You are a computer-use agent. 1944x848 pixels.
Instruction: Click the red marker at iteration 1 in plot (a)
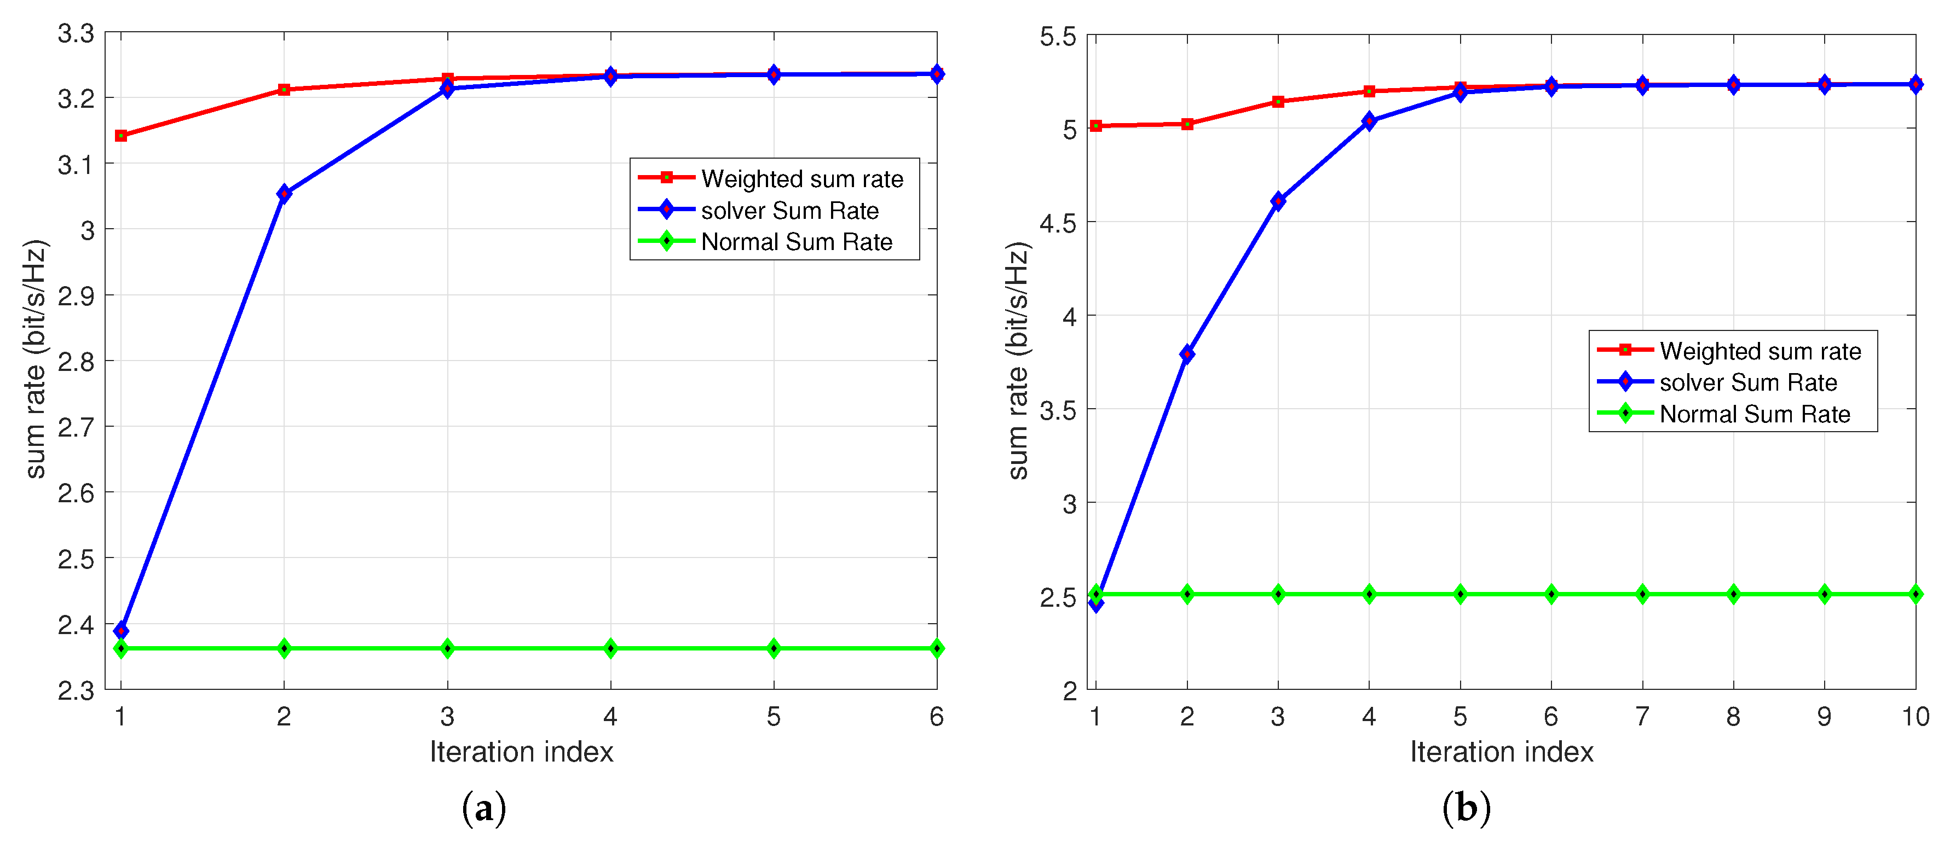point(121,136)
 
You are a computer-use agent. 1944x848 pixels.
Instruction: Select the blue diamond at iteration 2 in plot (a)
point(284,194)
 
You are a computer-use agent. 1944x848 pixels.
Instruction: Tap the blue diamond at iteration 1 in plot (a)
point(121,630)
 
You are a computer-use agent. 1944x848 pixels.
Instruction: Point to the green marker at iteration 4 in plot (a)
point(610,648)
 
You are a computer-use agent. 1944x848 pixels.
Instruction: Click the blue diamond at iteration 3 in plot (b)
point(1278,201)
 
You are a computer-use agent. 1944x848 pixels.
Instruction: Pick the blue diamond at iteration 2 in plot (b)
point(1187,354)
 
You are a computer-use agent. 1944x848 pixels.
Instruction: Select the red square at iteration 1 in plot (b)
point(1096,126)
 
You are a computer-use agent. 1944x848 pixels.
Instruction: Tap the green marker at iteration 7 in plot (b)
point(1642,594)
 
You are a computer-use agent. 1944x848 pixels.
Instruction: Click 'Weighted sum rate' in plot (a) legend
point(802,179)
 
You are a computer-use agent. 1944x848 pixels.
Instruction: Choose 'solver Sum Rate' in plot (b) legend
point(1748,382)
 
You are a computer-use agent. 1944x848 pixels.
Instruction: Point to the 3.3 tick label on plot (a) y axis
point(76,33)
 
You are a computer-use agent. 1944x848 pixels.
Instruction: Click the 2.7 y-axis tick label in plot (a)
point(76,427)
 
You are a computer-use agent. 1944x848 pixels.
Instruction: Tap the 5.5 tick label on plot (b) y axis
point(1058,36)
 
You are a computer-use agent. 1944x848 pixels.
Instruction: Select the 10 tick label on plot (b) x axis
point(1914,716)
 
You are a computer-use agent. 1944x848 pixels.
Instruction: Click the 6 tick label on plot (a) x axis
point(937,716)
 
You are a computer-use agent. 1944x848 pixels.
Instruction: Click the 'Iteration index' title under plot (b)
point(1502,751)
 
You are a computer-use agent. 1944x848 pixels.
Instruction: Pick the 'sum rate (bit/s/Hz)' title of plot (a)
point(36,359)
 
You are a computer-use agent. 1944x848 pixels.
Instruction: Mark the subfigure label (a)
point(484,809)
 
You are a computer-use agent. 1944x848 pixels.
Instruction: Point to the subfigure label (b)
point(1466,809)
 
